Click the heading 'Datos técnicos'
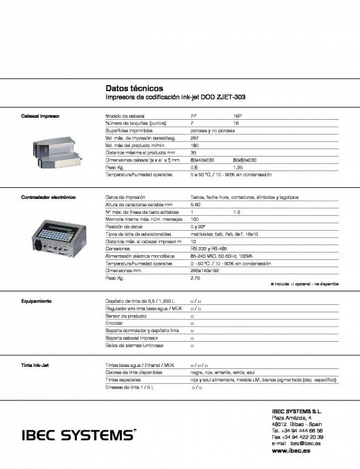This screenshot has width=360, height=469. coord(134,88)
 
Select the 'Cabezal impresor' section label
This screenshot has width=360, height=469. coord(39,116)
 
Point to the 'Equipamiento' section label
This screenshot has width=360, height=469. coord(37,300)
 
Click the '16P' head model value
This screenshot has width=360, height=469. coord(238,116)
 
